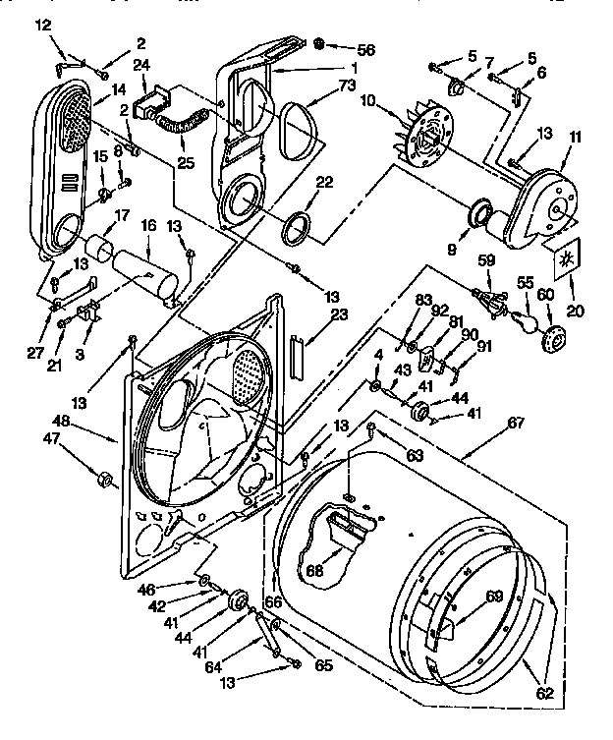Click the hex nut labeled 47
coord(101,480)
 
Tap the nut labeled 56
coord(319,45)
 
